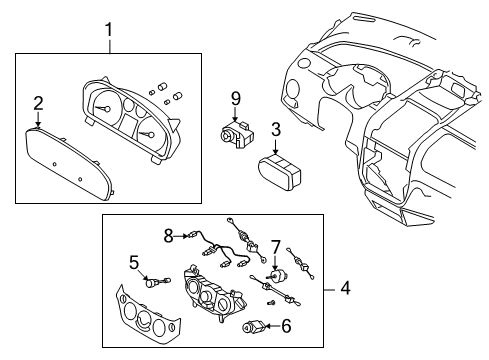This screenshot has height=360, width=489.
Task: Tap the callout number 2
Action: (38, 103)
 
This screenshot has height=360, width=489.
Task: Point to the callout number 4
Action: (345, 289)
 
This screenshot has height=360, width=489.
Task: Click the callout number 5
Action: (133, 263)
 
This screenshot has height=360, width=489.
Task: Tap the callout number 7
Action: (276, 246)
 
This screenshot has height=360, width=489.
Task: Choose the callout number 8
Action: (169, 236)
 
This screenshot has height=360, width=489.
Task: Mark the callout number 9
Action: (236, 97)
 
